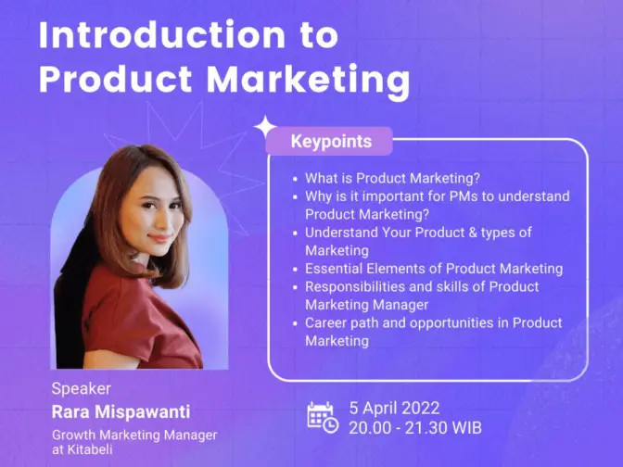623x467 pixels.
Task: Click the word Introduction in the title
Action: (162, 35)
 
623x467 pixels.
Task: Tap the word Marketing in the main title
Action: (309, 81)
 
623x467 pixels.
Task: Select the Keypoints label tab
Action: (329, 141)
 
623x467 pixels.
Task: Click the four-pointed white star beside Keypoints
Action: (265, 127)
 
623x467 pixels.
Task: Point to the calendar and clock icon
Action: (323, 417)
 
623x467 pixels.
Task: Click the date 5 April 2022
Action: (394, 409)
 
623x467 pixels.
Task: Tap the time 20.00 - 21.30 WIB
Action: (415, 428)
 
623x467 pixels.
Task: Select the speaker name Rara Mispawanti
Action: (121, 411)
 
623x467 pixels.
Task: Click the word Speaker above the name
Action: (81, 389)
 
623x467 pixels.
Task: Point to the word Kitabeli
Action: (90, 449)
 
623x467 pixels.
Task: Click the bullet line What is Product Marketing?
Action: (392, 178)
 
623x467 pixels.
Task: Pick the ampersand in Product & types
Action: (473, 233)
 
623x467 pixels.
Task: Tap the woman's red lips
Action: (159, 238)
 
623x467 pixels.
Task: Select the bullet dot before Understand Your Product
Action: (295, 233)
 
